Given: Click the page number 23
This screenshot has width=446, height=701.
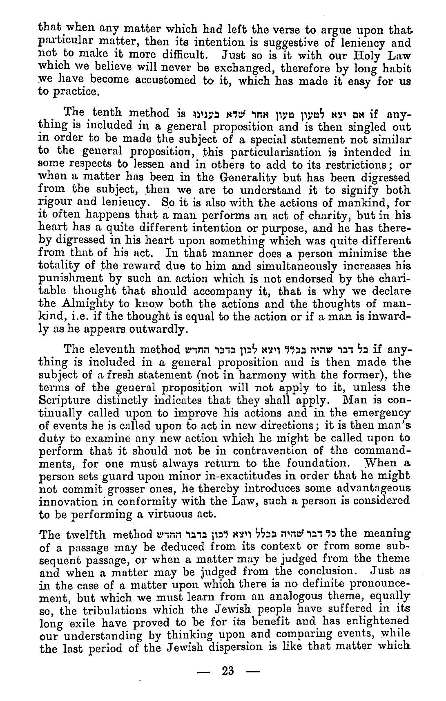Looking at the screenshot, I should (227, 670).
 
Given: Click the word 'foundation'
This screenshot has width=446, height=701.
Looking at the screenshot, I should (310, 463).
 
